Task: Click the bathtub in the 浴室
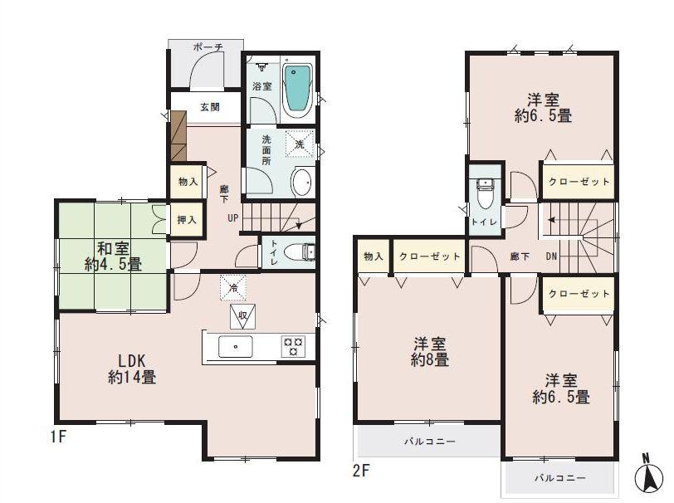297,88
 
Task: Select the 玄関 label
209,107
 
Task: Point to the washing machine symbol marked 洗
300,144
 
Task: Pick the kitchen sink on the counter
236,346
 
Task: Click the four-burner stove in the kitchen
293,346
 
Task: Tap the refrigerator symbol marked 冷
233,287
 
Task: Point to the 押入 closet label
187,221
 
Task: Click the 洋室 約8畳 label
429,351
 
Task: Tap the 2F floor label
360,471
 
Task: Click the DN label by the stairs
551,257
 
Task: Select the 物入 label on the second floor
373,256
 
